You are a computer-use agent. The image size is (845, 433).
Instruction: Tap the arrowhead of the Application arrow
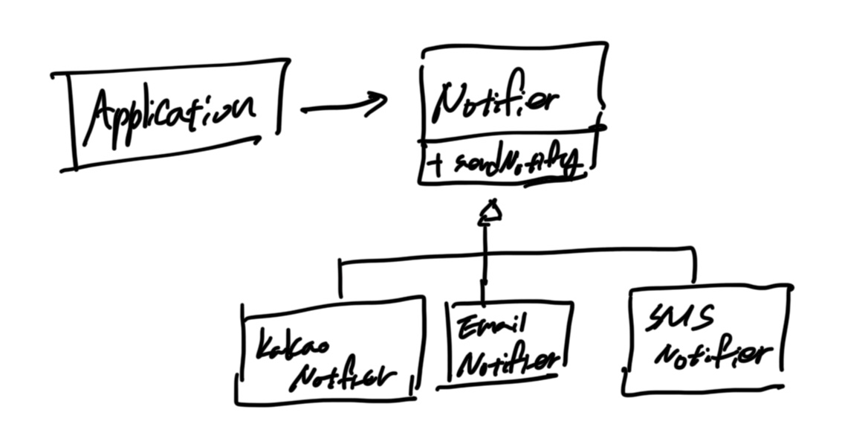(x=378, y=103)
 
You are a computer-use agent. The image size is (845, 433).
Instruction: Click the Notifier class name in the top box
(x=496, y=103)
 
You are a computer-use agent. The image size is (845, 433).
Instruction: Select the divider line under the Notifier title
(x=513, y=135)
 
